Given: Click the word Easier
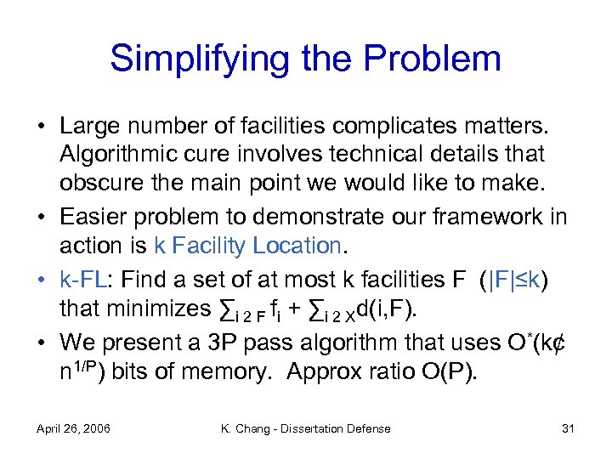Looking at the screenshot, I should coord(99,216).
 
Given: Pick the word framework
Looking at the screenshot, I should coord(487,216).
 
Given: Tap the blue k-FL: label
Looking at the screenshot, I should coord(87,279).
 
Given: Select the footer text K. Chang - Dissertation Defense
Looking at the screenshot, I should coord(305,428).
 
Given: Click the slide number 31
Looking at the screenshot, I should coord(569,428).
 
